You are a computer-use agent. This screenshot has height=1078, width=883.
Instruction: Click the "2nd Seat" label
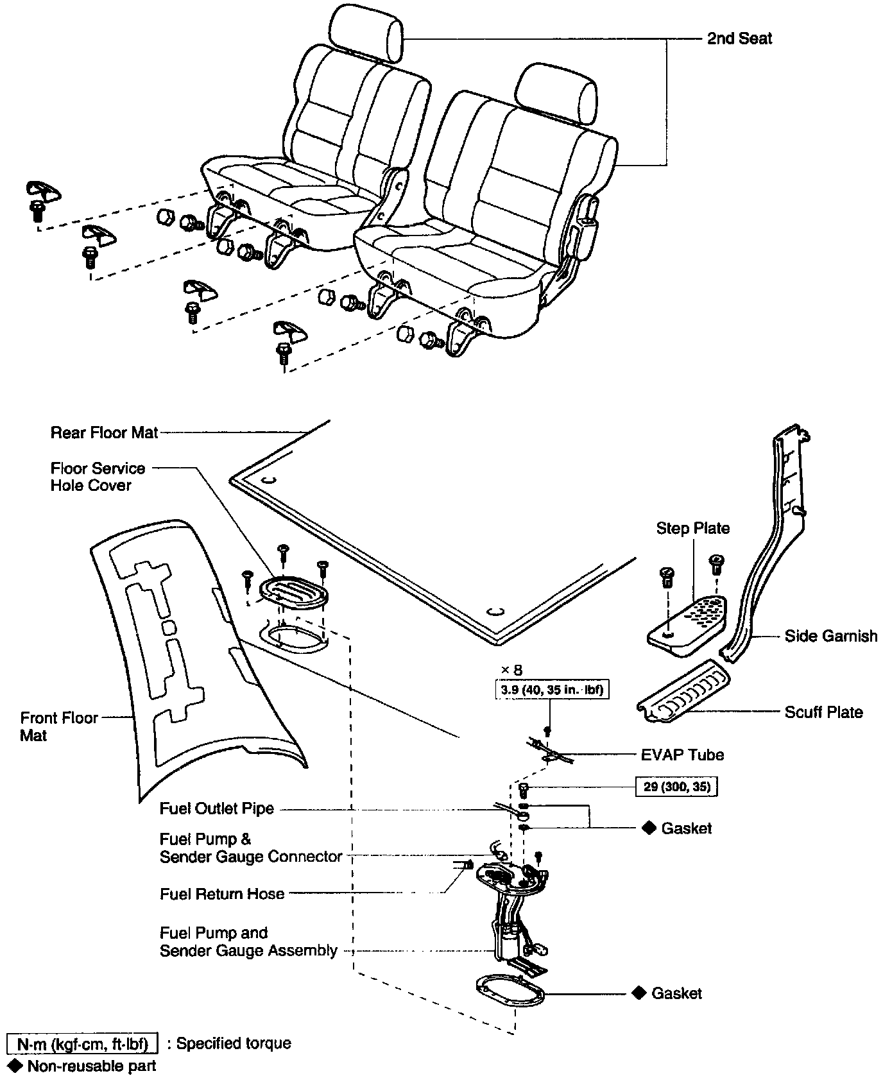[x=739, y=38]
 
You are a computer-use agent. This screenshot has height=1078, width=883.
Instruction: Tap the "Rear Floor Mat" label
[x=104, y=432]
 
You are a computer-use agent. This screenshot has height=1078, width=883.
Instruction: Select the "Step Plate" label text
[x=692, y=528]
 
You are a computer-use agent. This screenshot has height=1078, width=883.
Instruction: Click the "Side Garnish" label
[x=830, y=636]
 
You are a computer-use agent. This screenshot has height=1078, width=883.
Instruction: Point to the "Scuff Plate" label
[x=823, y=712]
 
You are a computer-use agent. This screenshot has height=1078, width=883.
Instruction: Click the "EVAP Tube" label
[x=682, y=755]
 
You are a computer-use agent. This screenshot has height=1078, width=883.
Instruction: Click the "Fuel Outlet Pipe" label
[x=217, y=809]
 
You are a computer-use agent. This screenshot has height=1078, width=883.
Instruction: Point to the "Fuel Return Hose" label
[x=222, y=894]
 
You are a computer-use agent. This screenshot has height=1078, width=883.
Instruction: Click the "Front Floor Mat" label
[x=58, y=726]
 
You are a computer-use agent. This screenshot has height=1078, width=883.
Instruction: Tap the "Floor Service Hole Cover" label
[x=98, y=477]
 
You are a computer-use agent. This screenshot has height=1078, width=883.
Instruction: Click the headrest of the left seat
[x=368, y=30]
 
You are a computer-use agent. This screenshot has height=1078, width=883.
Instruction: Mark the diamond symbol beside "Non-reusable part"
[x=15, y=1066]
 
